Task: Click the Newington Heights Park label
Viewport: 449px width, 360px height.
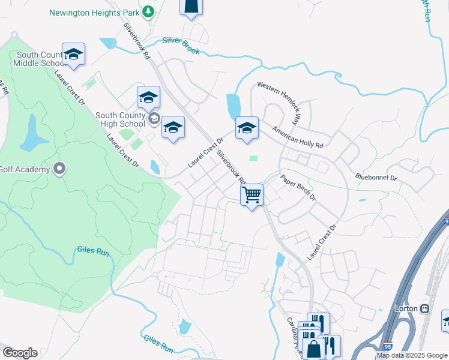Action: pyautogui.click(x=101, y=12)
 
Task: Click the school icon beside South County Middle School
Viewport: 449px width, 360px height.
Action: pyautogui.click(x=73, y=53)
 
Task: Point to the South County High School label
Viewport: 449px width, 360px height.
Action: pyautogui.click(x=120, y=119)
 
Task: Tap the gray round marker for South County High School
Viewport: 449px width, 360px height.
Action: pyautogui.click(x=154, y=118)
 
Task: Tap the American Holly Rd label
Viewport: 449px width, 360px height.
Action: pyautogui.click(x=297, y=137)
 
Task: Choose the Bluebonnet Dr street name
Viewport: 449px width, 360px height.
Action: pyautogui.click(x=376, y=178)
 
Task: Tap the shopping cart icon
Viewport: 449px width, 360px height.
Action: pyautogui.click(x=252, y=194)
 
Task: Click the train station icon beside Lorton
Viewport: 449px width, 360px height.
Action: pyautogui.click(x=424, y=308)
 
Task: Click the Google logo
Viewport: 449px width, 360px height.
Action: pyautogui.click(x=19, y=353)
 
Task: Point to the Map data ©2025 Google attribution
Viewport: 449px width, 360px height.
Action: pyautogui.click(x=411, y=355)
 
